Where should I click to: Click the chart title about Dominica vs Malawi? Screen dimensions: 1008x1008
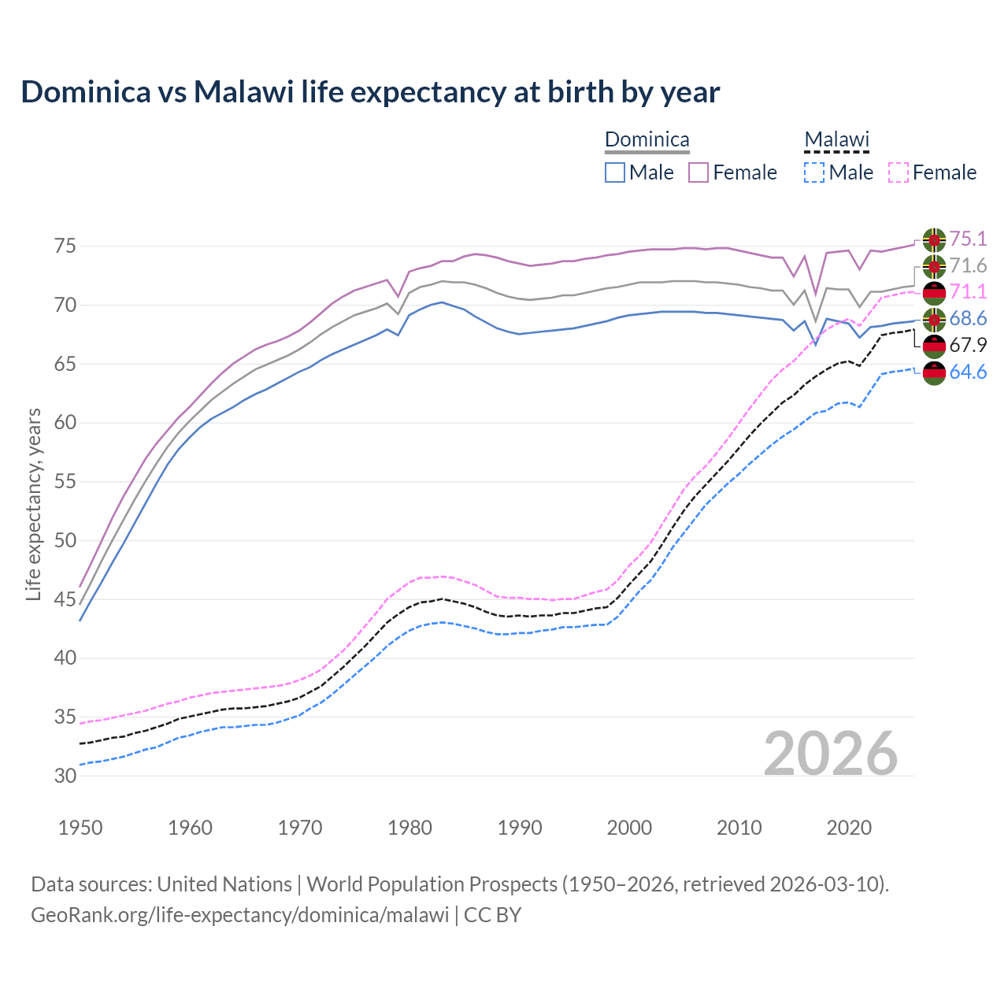pyautogui.click(x=370, y=92)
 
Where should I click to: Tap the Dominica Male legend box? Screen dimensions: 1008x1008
pyautogui.click(x=615, y=172)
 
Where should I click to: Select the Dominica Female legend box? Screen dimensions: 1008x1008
pyautogui.click(x=699, y=172)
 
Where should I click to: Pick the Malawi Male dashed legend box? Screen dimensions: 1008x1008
pyautogui.click(x=814, y=172)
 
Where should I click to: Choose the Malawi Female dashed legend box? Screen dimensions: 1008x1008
pyautogui.click(x=899, y=172)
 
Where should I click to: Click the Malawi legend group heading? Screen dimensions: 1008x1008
pyautogui.click(x=836, y=140)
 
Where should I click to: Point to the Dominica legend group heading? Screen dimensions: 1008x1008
pyautogui.click(x=647, y=140)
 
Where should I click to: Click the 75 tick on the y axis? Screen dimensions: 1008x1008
pyautogui.click(x=65, y=246)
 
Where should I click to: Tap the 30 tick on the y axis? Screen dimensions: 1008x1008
pyautogui.click(x=65, y=776)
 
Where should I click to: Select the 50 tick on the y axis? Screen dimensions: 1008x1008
pyautogui.click(x=65, y=540)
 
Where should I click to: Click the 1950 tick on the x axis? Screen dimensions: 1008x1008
pyautogui.click(x=80, y=828)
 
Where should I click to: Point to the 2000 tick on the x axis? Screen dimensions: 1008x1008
pyautogui.click(x=629, y=828)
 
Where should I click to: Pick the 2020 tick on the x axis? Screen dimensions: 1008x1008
pyautogui.click(x=849, y=828)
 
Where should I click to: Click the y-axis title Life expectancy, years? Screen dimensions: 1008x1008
pyautogui.click(x=34, y=504)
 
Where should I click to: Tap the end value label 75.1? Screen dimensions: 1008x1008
pyautogui.click(x=968, y=239)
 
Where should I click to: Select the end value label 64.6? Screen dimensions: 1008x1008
pyautogui.click(x=968, y=372)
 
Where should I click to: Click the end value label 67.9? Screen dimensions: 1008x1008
pyautogui.click(x=968, y=345)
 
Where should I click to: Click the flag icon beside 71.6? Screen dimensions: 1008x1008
pyautogui.click(x=934, y=266)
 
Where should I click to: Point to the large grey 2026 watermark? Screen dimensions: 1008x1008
pyautogui.click(x=831, y=754)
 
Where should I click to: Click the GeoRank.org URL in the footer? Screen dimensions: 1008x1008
pyautogui.click(x=239, y=915)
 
